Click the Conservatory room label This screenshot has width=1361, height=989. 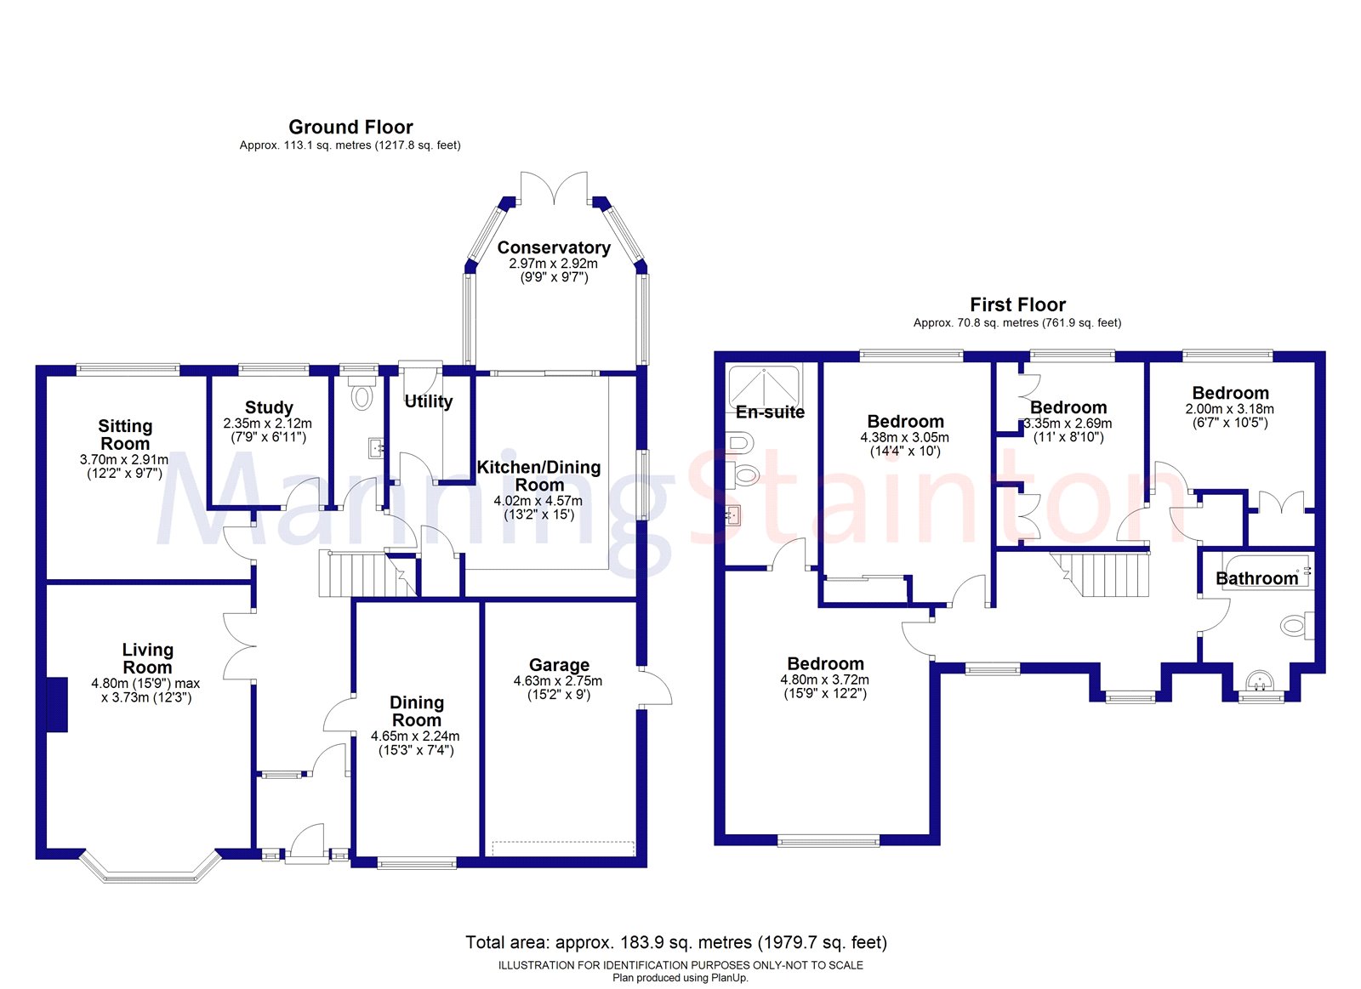point(554,247)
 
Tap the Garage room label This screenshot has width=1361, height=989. point(559,665)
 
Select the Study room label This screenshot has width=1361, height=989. point(269,407)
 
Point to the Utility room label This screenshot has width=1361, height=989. point(429,401)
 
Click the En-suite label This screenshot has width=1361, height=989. point(771,412)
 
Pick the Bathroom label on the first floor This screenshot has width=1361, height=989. point(1256,578)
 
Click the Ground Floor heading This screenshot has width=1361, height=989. point(350,127)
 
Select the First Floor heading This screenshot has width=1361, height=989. point(1017,304)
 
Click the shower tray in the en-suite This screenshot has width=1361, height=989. point(764,385)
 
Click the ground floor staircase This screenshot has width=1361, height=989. point(367,574)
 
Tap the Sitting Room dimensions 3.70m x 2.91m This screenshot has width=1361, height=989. point(124,460)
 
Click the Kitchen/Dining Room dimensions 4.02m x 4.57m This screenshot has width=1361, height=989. point(538,501)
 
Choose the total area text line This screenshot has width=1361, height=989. point(676,942)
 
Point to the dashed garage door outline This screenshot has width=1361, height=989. point(563,848)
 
